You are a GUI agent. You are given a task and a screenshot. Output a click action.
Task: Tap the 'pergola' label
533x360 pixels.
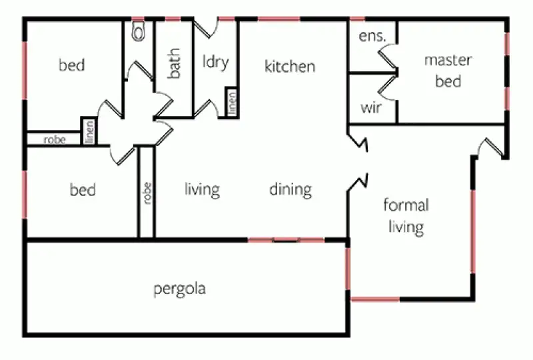coord(179,289)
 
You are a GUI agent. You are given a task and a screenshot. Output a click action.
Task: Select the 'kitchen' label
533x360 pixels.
coord(290,67)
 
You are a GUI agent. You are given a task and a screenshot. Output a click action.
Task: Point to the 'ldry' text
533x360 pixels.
coord(215,63)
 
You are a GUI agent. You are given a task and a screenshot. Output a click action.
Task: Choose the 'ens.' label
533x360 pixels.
coord(372,37)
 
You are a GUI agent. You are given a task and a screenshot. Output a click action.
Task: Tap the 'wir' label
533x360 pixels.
coord(370,107)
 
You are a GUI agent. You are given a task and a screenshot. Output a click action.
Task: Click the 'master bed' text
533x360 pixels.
coord(448,71)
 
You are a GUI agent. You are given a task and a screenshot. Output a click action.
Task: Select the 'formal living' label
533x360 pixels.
coord(406,215)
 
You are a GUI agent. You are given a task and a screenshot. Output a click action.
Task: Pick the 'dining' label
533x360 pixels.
coord(290,189)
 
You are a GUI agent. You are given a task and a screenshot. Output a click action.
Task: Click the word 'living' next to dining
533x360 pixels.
coord(202,189)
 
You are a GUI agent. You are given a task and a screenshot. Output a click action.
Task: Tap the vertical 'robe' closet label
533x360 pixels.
coord(147,193)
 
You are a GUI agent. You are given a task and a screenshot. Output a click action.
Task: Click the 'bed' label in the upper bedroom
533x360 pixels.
coord(72,65)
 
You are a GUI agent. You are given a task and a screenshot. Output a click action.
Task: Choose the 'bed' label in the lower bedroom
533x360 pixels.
coord(83,190)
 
